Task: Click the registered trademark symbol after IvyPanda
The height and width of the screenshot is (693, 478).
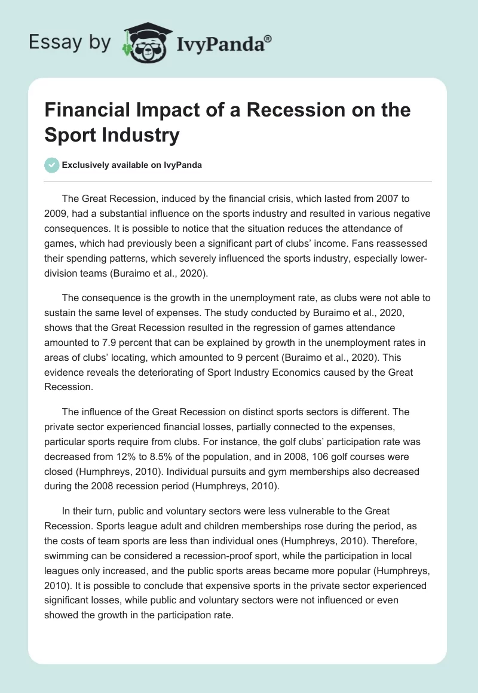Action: [268, 38]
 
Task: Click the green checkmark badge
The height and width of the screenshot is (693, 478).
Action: [53, 165]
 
